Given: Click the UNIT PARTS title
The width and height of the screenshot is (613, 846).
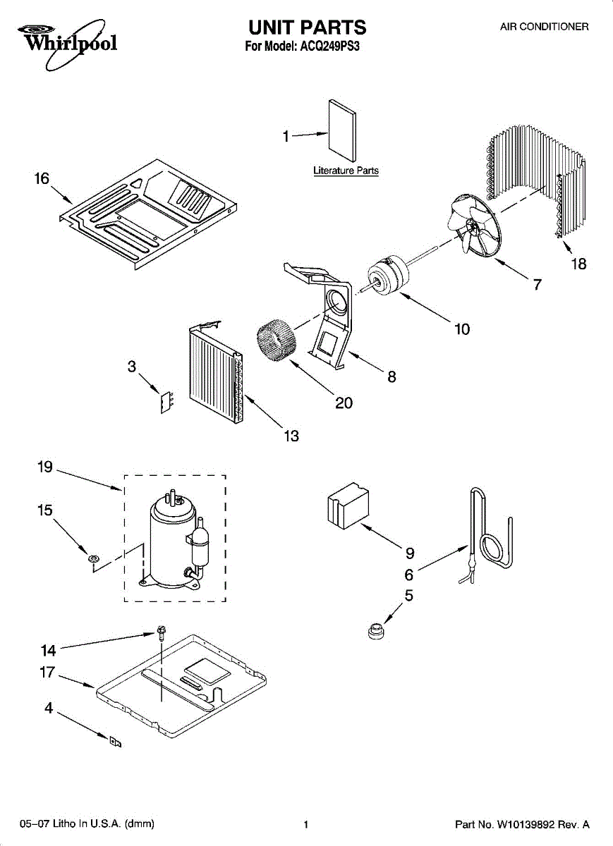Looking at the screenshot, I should (307, 27).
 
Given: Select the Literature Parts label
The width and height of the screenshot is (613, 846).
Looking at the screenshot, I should (346, 171).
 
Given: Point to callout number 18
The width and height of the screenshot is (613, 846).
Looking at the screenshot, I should (578, 264).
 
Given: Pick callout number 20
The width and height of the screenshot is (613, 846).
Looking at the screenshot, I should (344, 403).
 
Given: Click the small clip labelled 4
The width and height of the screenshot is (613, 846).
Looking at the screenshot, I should (115, 742).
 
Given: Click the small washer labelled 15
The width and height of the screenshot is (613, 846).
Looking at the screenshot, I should (92, 559).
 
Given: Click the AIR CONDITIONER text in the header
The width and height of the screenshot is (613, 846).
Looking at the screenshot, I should (544, 27).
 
